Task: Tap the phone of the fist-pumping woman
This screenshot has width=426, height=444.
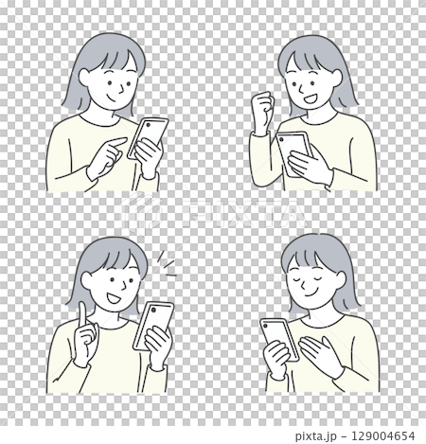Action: point(294,145)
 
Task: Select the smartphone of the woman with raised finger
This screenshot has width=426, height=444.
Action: point(154,323)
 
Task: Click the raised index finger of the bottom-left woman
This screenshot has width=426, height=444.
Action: point(82,316)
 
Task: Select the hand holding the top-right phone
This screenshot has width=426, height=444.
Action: point(311,165)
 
